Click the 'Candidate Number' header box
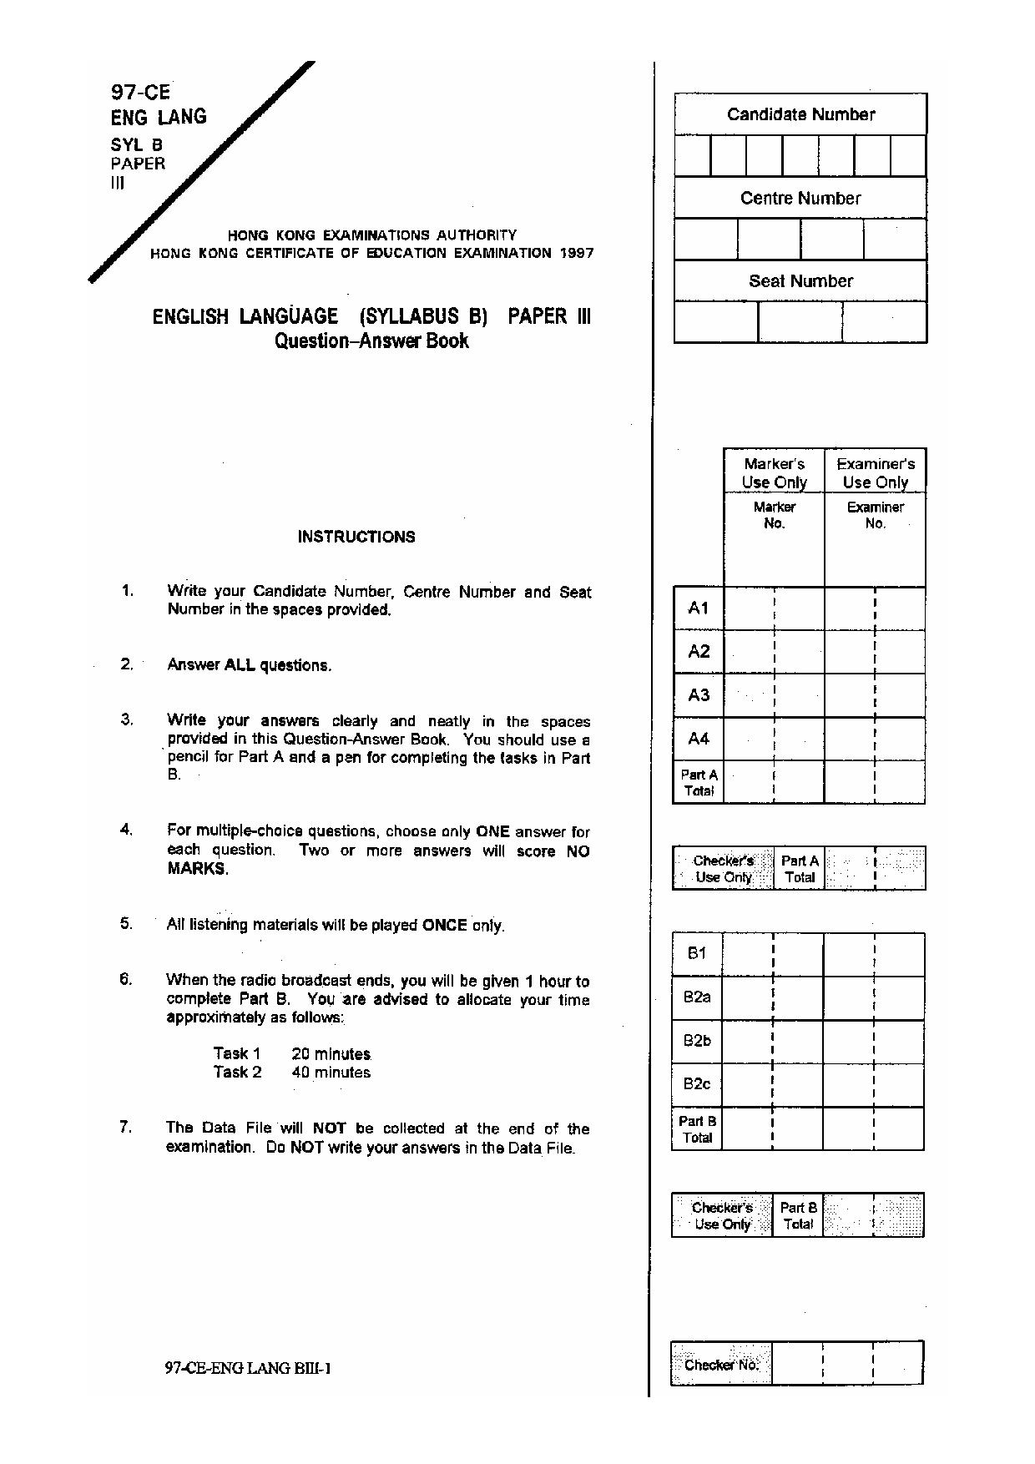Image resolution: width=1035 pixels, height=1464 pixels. point(800,114)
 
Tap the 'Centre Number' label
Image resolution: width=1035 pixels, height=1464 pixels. point(800,198)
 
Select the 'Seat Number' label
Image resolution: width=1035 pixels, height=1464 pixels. point(800,281)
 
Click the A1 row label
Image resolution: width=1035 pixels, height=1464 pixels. point(699,608)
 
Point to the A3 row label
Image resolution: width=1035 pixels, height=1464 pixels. point(699,695)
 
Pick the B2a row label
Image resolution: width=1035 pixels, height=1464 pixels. point(697,997)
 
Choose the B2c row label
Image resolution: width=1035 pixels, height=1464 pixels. point(697,1083)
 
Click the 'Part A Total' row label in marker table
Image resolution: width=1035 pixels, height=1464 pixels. point(699,782)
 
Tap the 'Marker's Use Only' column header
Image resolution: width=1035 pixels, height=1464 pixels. point(774,472)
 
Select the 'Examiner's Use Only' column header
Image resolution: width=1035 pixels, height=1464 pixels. point(875,472)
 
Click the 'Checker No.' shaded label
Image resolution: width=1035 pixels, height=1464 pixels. point(721,1365)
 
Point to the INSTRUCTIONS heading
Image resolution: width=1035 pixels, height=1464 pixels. point(356,537)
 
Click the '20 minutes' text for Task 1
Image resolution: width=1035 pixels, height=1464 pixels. point(331,1054)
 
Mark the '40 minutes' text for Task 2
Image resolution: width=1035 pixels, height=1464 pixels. point(331,1073)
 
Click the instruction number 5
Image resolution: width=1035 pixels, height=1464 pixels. point(126,923)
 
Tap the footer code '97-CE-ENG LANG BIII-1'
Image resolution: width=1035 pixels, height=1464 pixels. point(249,1367)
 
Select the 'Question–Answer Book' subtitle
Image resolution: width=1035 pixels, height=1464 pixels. point(371,341)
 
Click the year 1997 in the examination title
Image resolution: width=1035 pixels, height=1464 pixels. point(577,253)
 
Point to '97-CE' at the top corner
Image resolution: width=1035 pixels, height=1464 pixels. point(140,92)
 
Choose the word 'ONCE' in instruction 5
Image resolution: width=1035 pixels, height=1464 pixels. point(444,925)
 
